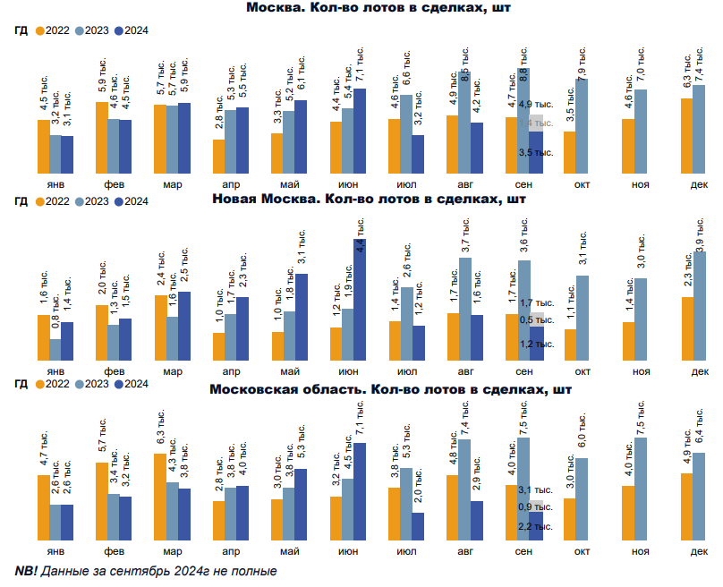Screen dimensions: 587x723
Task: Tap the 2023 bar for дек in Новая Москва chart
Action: coord(699,304)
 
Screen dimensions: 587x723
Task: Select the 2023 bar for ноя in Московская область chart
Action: coord(640,488)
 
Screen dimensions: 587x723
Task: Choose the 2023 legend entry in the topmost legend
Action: coord(90,30)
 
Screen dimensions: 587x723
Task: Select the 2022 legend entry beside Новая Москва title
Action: coord(53,201)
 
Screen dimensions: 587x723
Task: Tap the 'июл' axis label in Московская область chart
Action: coord(407,552)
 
